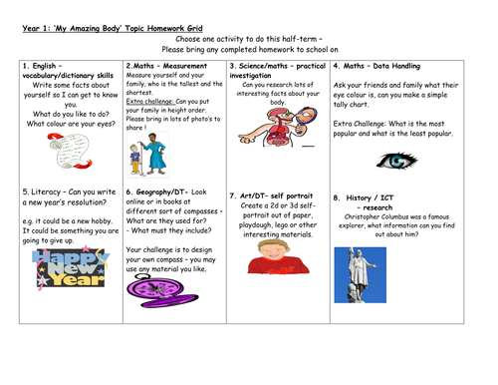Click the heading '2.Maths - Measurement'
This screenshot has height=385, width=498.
[164, 66]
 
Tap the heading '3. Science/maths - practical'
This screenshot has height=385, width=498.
[276, 66]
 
